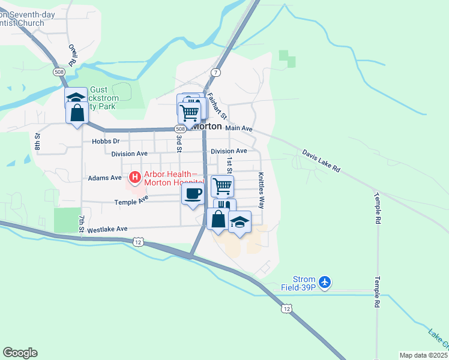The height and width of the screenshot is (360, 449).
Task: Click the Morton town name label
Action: tap(206, 127)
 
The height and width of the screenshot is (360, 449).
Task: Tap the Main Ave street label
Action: tap(239, 128)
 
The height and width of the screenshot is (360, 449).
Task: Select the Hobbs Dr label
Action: tap(106, 142)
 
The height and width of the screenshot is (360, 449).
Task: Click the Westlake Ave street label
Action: tap(107, 229)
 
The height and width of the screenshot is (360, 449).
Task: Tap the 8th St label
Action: tap(37, 142)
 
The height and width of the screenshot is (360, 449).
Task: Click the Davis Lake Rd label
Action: tap(321, 161)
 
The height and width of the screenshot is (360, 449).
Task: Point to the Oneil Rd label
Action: tap(72, 54)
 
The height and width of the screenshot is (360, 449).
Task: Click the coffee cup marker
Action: tap(193, 194)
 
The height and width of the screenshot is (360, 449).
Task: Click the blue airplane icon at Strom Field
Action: tap(325, 281)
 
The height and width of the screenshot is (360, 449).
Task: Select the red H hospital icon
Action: tap(134, 178)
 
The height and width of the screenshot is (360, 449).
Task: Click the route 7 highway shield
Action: tap(214, 72)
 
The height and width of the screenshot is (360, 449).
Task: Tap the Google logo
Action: tap(20, 353)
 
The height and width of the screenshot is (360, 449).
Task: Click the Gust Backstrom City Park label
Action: tap(103, 98)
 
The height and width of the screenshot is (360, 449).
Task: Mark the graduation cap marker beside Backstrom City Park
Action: tap(76, 98)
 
